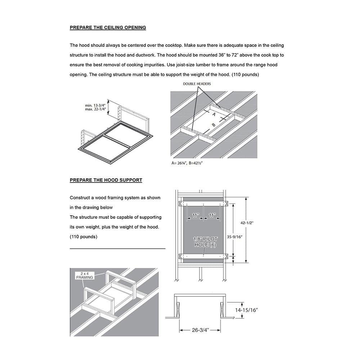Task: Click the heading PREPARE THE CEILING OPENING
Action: click(x=108, y=27)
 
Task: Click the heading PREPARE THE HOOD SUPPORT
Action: click(x=106, y=180)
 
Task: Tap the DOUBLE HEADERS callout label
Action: click(x=197, y=84)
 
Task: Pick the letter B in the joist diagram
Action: click(x=213, y=125)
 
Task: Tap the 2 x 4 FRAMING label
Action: click(x=85, y=275)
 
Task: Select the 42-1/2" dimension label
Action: click(x=247, y=223)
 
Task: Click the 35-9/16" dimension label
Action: click(x=234, y=237)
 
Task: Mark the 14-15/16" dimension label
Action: click(x=247, y=310)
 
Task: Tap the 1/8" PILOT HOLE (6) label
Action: click(x=204, y=242)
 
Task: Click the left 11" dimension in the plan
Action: click(x=195, y=215)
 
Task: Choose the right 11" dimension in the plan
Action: click(x=212, y=215)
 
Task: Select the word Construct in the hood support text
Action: click(x=80, y=198)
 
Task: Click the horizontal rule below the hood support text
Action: click(x=117, y=248)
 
